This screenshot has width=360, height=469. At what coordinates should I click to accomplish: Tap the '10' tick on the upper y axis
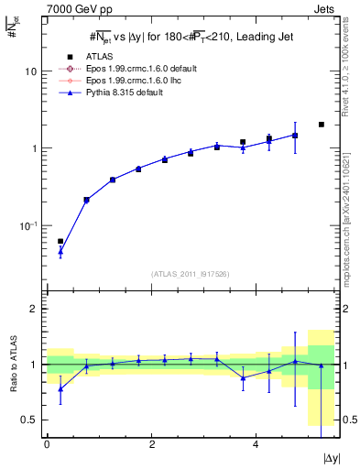30,71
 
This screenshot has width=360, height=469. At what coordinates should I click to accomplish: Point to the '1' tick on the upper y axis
33,148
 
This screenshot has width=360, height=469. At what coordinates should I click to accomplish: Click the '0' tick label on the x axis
47,443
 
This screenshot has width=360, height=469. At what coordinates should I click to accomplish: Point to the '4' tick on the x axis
256,443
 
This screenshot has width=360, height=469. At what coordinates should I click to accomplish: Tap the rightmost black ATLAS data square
322,125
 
